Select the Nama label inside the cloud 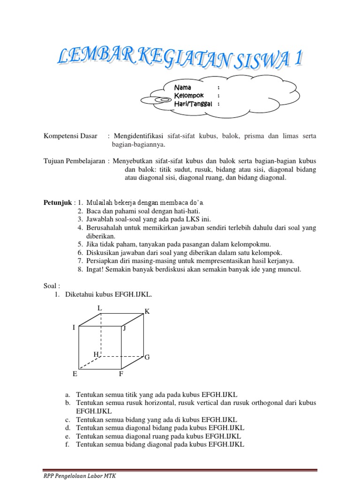tap(182, 88)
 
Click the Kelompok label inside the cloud tap(188, 96)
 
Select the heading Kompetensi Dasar tap(70, 136)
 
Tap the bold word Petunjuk tap(57, 202)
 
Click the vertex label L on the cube tap(99, 308)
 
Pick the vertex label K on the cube tap(147, 312)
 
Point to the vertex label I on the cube tap(74, 328)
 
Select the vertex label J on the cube tap(124, 329)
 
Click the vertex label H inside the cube tap(96, 354)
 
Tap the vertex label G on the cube tap(147, 358)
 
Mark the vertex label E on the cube tap(75, 374)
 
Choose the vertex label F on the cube tap(120, 374)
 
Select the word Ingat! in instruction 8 tap(95, 269)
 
